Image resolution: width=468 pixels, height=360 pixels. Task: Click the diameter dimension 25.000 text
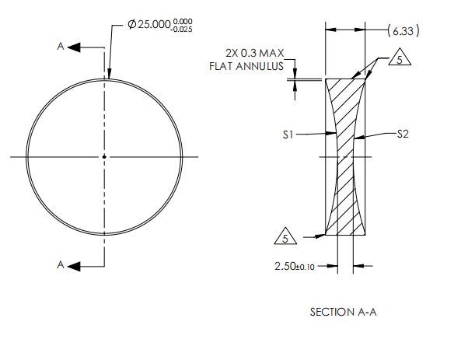tap(159, 26)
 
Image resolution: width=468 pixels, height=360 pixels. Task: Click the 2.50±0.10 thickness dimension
tap(295, 266)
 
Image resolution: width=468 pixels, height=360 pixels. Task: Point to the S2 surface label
tap(402, 134)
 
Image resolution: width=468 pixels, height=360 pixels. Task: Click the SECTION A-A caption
tap(344, 312)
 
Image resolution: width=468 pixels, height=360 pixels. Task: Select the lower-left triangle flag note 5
tap(287, 236)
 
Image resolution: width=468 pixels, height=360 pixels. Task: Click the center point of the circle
tap(104, 157)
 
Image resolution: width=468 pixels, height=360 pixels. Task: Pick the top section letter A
tap(61, 47)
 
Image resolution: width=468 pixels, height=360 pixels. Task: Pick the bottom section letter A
tap(61, 265)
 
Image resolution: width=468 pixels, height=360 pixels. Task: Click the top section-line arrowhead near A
tap(75, 47)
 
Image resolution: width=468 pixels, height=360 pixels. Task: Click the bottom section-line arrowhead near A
tap(75, 265)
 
